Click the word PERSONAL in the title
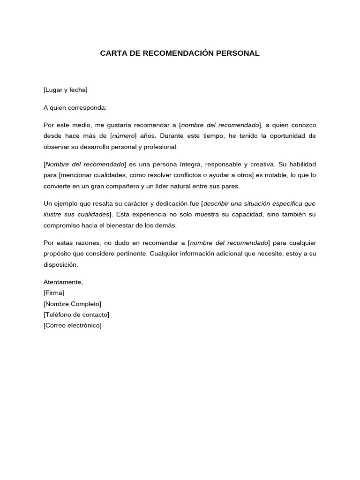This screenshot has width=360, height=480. [x=238, y=53]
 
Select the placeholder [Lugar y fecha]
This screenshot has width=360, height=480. [x=65, y=90]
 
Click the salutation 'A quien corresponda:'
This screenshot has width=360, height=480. [x=75, y=108]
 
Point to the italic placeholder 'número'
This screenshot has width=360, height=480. [x=124, y=136]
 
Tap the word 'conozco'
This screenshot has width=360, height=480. [x=304, y=125]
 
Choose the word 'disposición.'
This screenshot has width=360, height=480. [x=60, y=264]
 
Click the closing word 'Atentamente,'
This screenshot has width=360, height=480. [x=63, y=282]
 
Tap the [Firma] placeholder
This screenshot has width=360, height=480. [x=54, y=293]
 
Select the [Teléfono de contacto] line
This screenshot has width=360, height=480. [x=76, y=315]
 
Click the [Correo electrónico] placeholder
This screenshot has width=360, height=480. [x=72, y=325]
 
